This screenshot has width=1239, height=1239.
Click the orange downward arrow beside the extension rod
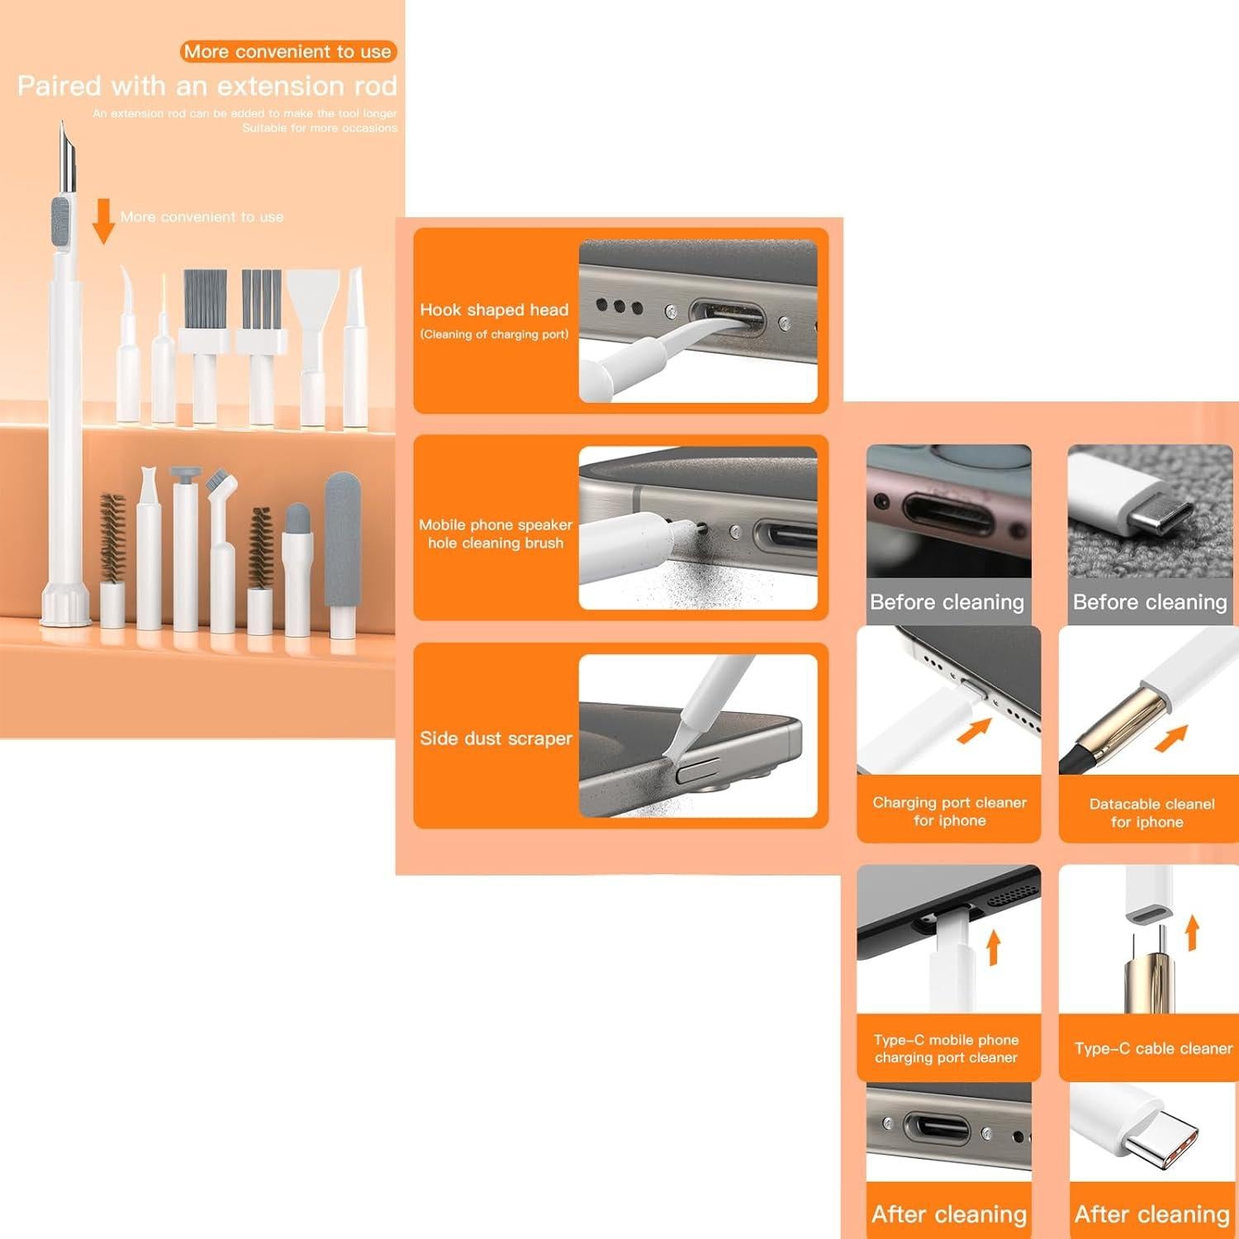103,221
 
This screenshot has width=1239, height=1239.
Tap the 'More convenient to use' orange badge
288,51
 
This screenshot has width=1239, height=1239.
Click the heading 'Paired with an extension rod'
207,86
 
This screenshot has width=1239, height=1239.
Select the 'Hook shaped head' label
494,310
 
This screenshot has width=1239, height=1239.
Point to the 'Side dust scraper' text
496,738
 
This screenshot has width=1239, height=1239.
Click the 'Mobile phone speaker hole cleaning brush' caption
496,534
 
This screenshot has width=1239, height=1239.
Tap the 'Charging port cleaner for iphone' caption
949,811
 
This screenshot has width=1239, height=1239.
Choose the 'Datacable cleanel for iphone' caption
1151,813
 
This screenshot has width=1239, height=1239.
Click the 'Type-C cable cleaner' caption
1153,1048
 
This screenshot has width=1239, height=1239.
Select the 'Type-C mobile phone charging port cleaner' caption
947,1048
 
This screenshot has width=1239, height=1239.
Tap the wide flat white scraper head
314,297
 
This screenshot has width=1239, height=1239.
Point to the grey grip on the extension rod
60,225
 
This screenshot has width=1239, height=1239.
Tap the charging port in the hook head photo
727,318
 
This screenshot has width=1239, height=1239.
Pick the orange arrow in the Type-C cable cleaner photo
1191,933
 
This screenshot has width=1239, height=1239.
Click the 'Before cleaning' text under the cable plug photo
1149,602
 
